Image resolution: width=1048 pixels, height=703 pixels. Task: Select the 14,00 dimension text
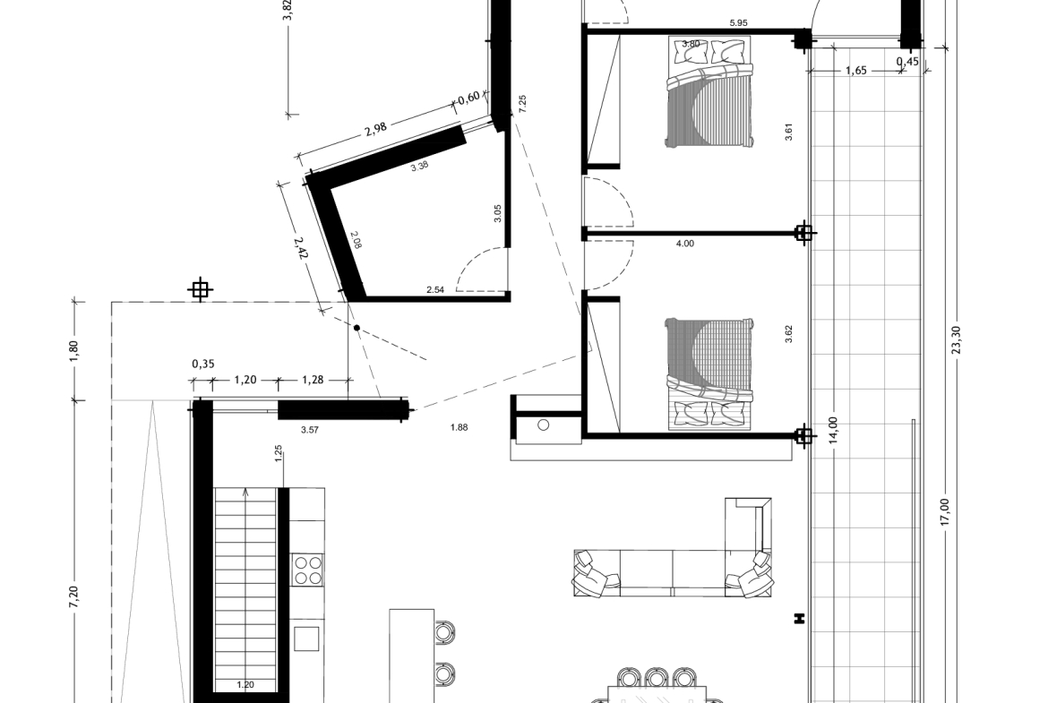832,431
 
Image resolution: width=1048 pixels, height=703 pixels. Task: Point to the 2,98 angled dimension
376,128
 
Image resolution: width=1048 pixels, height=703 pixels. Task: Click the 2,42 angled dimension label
301,249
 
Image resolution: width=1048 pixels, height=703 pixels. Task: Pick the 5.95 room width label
739,22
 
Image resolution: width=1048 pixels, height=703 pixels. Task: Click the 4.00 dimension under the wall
685,244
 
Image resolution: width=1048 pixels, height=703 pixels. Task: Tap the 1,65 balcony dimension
856,71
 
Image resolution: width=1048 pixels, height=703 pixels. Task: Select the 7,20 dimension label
73,596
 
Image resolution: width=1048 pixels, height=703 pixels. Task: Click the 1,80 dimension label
73,350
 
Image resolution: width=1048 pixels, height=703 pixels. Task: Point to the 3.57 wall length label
309,431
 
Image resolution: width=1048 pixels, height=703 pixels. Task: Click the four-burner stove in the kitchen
308,570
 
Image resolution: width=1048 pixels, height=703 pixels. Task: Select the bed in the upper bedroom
709,91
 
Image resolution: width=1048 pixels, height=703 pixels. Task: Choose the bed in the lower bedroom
709,373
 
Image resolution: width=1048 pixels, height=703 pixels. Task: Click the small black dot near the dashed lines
356,328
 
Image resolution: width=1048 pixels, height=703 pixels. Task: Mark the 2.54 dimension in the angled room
435,290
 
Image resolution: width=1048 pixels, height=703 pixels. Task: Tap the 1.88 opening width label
460,428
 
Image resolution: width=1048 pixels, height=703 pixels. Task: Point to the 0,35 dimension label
203,364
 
